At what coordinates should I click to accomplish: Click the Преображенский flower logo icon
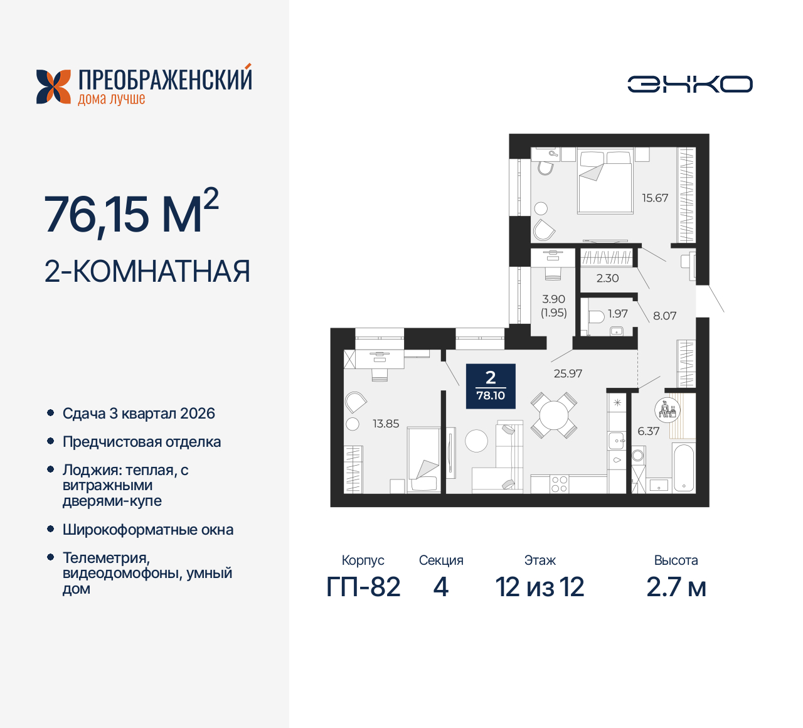[x=53, y=86]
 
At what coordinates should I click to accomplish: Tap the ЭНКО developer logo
[x=689, y=84]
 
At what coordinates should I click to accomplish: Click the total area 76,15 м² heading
[x=131, y=214]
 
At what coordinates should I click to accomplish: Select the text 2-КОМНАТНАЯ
[x=147, y=272]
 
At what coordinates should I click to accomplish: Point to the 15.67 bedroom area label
[x=654, y=198]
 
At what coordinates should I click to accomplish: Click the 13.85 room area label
[x=386, y=424]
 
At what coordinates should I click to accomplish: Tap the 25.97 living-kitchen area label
[x=568, y=373]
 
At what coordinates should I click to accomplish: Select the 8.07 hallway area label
[x=664, y=316]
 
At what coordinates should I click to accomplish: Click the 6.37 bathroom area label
[x=648, y=431]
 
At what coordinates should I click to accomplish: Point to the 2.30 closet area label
[x=607, y=278]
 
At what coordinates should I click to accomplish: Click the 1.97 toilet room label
[x=617, y=313]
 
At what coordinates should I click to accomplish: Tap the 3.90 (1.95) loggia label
[x=553, y=306]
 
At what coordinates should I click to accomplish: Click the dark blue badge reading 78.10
[x=491, y=386]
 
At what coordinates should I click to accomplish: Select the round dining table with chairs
[x=554, y=415]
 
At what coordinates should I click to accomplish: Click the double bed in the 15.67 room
[x=604, y=181]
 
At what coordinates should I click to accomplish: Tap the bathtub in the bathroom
[x=683, y=468]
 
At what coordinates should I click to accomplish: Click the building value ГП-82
[x=363, y=587]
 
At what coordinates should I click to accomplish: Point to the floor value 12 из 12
[x=540, y=587]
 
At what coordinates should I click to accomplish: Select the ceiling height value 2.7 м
[x=676, y=587]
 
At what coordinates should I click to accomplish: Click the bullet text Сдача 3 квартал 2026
[x=139, y=414]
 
